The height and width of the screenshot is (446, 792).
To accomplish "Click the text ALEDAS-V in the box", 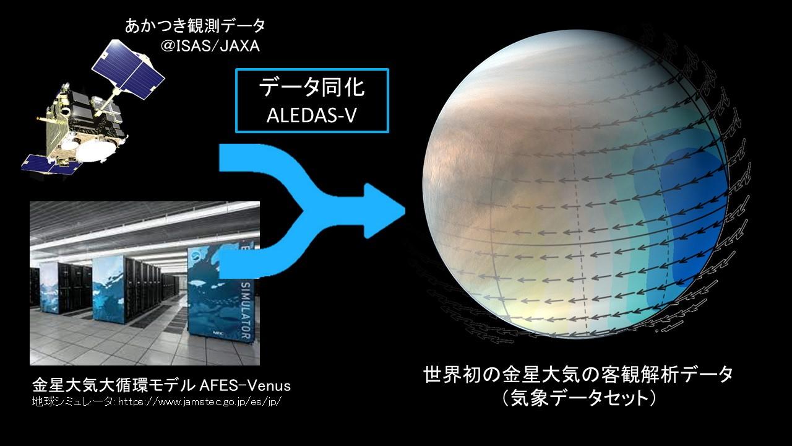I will (x=311, y=116).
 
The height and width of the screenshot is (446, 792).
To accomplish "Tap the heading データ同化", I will (x=311, y=87).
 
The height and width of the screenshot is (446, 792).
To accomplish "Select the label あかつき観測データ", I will (x=195, y=26).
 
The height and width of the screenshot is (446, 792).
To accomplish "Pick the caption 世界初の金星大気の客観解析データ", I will (x=578, y=375).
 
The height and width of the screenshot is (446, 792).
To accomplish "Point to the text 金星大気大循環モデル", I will (x=114, y=385).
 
